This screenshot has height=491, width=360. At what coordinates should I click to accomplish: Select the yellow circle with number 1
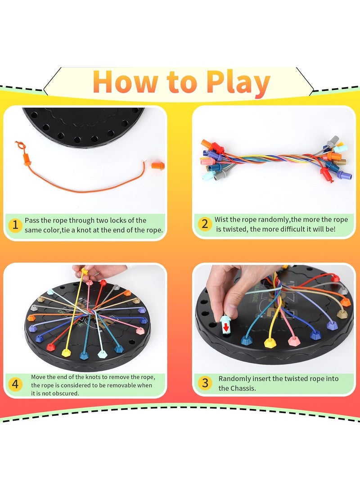pos(15,225)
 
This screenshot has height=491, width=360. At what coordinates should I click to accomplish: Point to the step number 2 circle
pos(205,224)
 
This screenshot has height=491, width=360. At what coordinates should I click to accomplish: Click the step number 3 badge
pos(205,383)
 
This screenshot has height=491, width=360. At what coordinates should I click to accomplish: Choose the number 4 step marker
pos(15,385)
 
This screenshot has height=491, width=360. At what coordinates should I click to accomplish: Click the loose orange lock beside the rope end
pos(157,165)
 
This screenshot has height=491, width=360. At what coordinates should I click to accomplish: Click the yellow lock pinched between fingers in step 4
pos(85,272)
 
